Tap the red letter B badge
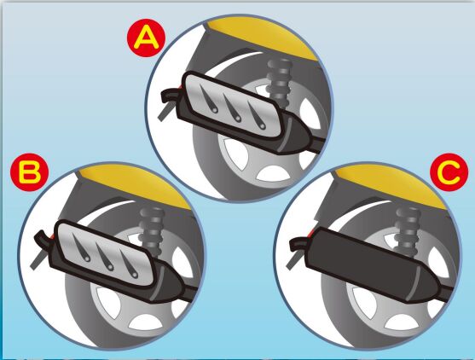(x=29, y=171)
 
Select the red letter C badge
(x=449, y=171)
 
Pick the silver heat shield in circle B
(x=107, y=254)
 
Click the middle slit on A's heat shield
(x=232, y=107)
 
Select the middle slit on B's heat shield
(x=105, y=257)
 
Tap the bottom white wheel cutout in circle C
(x=401, y=322)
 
